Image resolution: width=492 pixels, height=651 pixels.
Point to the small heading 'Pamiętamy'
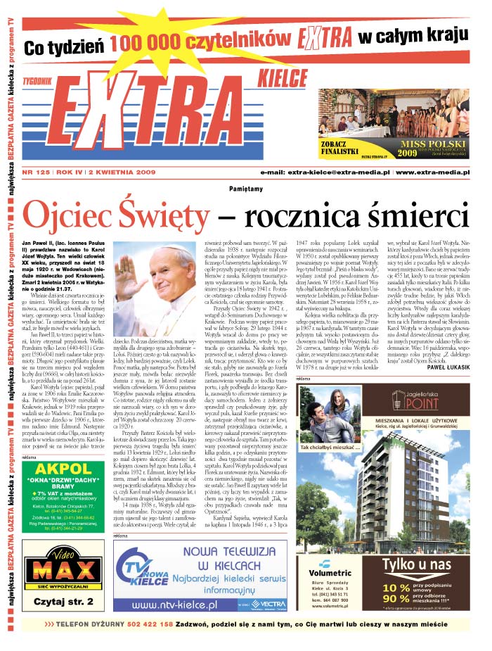pyautogui.click(x=246, y=189)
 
